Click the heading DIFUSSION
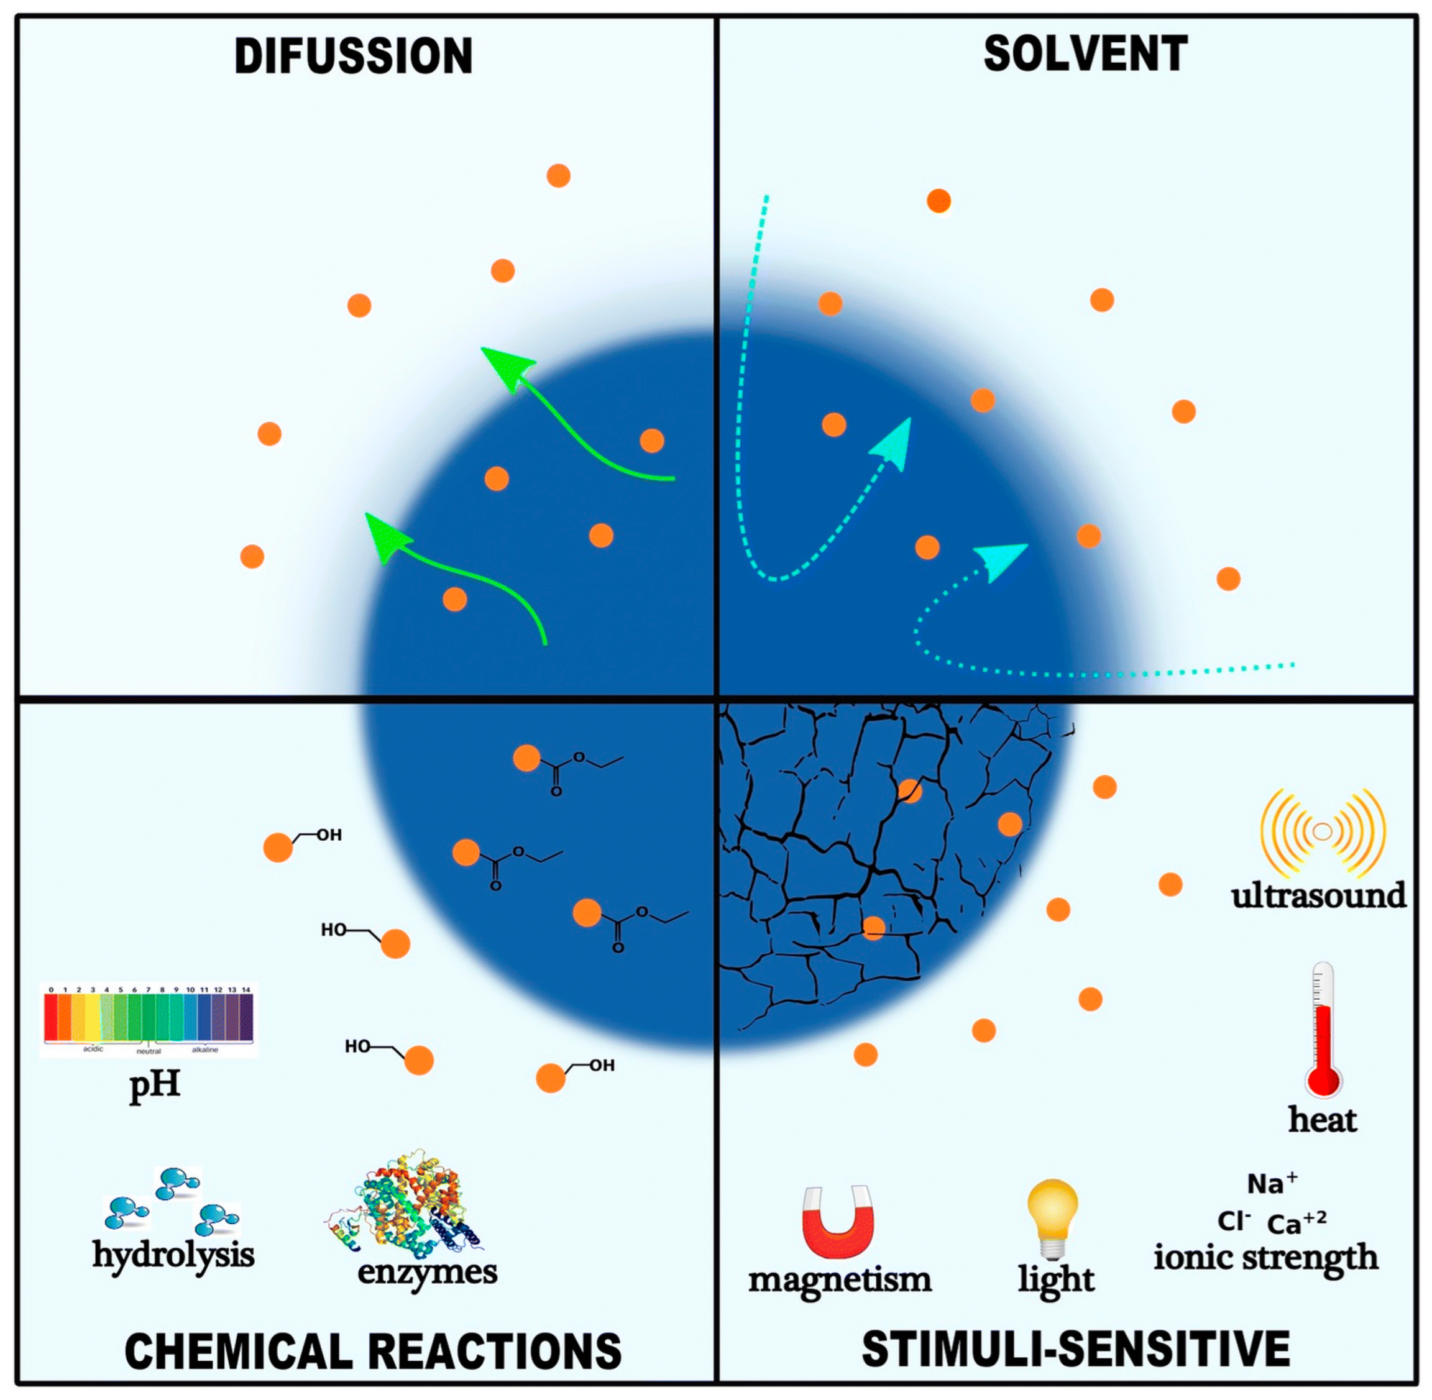tap(353, 57)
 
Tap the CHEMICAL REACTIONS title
tap(373, 1351)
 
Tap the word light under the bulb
tap(1056, 1280)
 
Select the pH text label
tap(155, 1084)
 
